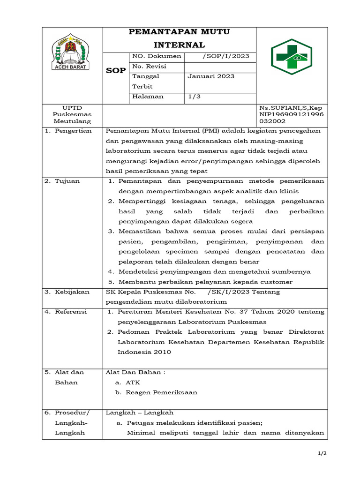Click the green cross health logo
coord(292,60)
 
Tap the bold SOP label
coord(115,71)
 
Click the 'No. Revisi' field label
coord(149,67)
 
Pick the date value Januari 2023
coord(211,76)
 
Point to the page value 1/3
coord(193,97)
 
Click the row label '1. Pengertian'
coord(68,131)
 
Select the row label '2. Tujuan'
coord(62,181)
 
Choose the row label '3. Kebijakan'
coord(67,292)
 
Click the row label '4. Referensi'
coord(67,312)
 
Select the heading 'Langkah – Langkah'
coord(140,412)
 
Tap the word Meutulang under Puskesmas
coord(72,121)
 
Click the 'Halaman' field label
coord(148,97)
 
